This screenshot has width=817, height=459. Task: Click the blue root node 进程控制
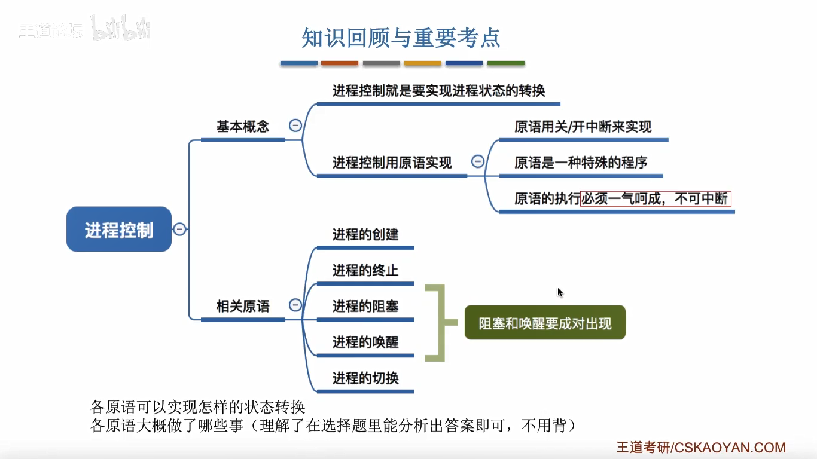(x=119, y=229)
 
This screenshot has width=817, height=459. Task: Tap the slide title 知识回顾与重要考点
(x=401, y=38)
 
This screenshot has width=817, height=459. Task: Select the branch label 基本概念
(x=243, y=127)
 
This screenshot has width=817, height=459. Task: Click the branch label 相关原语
(x=243, y=307)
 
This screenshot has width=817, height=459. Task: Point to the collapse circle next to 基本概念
(x=295, y=126)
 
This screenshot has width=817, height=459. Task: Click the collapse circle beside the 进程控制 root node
(x=179, y=229)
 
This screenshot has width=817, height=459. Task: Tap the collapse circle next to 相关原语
(x=295, y=305)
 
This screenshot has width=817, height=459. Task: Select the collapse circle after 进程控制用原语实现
(x=477, y=161)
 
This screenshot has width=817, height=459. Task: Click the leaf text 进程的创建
(x=365, y=234)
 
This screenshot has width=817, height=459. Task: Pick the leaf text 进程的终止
(x=365, y=270)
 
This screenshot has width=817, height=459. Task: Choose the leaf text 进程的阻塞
(x=365, y=306)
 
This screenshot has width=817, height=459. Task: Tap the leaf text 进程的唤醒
(x=365, y=342)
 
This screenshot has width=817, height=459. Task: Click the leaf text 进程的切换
(x=365, y=378)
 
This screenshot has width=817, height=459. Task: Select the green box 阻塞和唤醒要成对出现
(x=545, y=323)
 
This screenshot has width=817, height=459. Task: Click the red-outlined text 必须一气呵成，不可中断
(x=656, y=198)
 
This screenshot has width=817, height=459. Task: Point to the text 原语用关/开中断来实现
(x=583, y=127)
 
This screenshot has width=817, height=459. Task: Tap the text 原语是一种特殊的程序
(x=581, y=163)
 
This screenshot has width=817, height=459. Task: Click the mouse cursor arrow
(x=560, y=292)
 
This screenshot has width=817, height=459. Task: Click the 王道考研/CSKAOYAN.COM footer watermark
(x=701, y=448)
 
